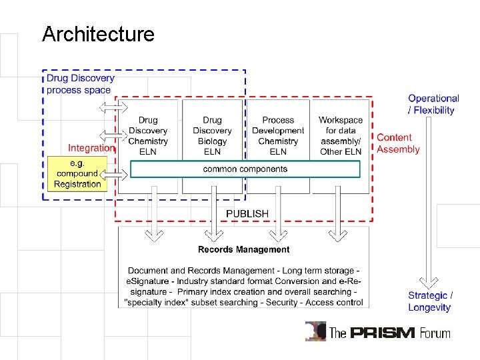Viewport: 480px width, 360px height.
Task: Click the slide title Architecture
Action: (98, 34)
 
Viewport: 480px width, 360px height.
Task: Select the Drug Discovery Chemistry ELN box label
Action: (148, 135)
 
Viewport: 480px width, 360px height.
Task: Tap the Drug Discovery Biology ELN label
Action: (212, 135)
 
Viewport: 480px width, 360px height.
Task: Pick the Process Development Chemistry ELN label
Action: (278, 135)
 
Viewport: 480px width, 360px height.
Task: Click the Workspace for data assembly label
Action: (341, 135)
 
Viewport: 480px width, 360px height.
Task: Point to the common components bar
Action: (245, 169)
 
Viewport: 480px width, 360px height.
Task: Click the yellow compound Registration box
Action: (77, 173)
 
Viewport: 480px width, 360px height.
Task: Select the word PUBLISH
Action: (247, 213)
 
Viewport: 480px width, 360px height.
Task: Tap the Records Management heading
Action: (243, 249)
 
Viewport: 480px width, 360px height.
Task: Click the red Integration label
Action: (91, 147)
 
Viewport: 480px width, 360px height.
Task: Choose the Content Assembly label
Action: (398, 143)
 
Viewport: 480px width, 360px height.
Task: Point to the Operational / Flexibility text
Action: (433, 104)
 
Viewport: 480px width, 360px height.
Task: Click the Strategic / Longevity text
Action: (430, 301)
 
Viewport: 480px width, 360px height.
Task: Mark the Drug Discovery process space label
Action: (80, 84)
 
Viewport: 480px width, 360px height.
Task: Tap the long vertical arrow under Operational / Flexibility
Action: (430, 200)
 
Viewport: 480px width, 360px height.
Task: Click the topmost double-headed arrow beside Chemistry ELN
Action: (113, 107)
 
